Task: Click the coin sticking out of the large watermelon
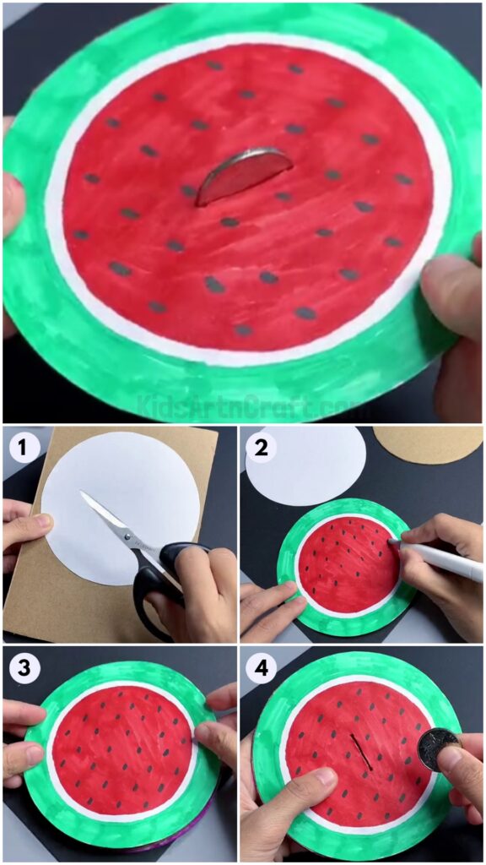(242, 176)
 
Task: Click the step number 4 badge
(262, 669)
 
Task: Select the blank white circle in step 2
(308, 465)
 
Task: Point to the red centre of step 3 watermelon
(122, 743)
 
